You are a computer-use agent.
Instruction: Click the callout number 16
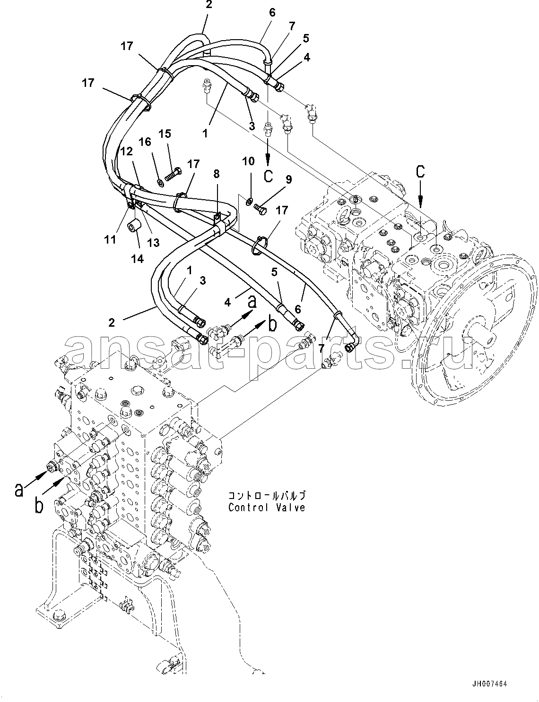click(x=145, y=142)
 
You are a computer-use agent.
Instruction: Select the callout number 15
click(x=165, y=134)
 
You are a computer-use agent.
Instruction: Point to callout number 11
click(x=110, y=239)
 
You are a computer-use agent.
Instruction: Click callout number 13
click(x=153, y=242)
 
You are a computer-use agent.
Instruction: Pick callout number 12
click(x=127, y=151)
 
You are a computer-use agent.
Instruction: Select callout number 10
click(x=249, y=161)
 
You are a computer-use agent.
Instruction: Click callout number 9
click(x=288, y=179)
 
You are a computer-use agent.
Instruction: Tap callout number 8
click(x=217, y=174)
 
